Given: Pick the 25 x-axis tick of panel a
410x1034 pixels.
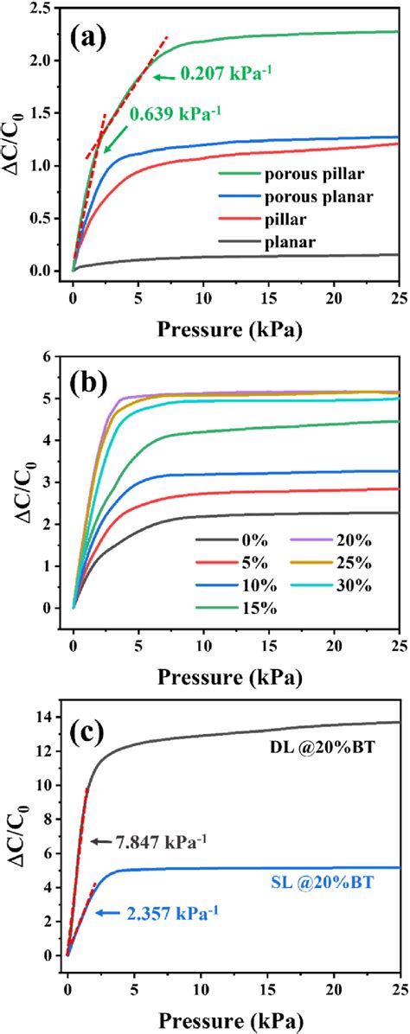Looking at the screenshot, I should point(397,299).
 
